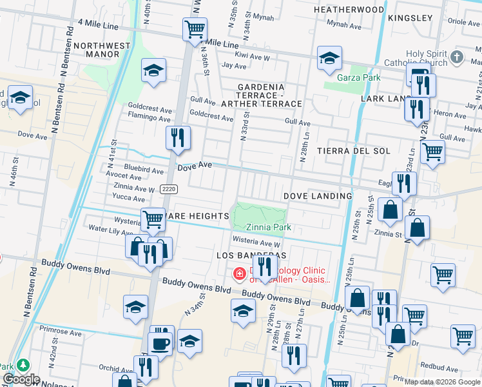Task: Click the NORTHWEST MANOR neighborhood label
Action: click(97, 50)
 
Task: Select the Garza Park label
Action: click(359, 77)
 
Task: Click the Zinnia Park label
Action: click(269, 227)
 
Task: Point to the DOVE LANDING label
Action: click(318, 196)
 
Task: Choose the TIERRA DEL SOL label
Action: click(354, 151)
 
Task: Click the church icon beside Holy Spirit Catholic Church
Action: click(457, 57)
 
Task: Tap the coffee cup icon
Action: click(159, 342)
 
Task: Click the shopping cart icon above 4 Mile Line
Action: click(194, 28)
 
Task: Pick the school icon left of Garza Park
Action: click(329, 58)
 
